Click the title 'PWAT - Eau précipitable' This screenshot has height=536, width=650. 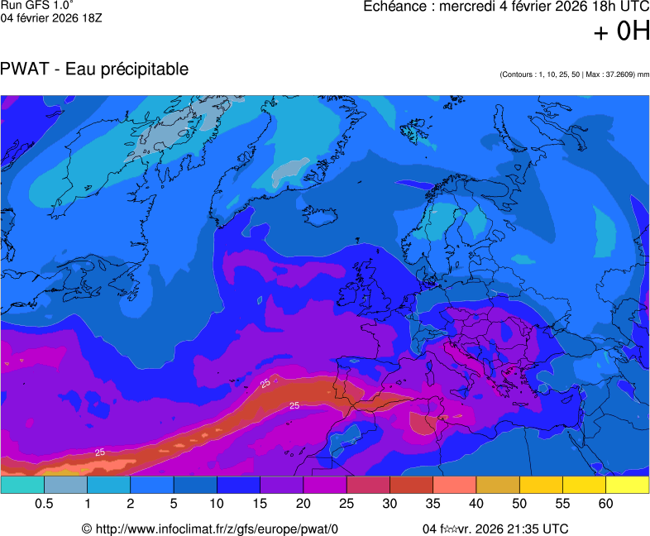(x=95, y=69)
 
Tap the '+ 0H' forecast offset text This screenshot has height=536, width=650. (x=622, y=32)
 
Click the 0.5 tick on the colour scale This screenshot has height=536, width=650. (x=45, y=504)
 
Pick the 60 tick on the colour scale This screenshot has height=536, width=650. (x=606, y=504)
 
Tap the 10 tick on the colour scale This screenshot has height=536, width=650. (x=217, y=504)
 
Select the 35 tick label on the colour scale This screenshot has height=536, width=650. (x=433, y=504)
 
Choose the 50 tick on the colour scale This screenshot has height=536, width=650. (x=520, y=504)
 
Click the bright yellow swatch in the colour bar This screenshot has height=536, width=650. (x=627, y=486)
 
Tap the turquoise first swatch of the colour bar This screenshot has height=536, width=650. (x=22, y=486)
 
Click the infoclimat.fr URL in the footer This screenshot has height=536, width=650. (x=217, y=529)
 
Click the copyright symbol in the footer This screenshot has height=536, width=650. (x=86, y=529)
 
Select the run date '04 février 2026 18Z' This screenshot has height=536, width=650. (x=50, y=19)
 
